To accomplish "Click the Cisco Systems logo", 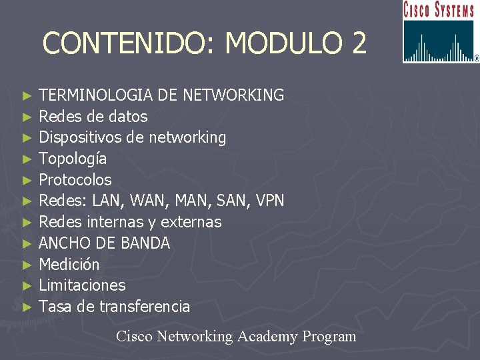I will coord(440,32).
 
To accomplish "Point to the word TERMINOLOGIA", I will coord(97,95).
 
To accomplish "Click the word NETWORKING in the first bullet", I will coord(233,95).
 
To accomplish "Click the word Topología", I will coord(73,159).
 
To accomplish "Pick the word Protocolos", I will coord(75,180).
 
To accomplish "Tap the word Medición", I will coord(69,265).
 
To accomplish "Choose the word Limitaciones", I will coord(82,285).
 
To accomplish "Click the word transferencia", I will coord(145,307).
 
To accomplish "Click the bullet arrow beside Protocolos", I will coord(27,180).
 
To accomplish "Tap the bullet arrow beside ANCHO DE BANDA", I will coord(27,243).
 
